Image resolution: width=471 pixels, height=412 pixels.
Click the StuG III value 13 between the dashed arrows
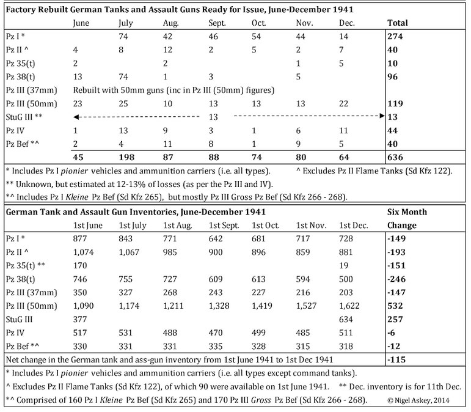(x=213, y=116)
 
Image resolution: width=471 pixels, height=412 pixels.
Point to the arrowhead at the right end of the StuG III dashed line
(x=381, y=116)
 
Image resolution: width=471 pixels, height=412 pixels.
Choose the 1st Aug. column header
(x=175, y=225)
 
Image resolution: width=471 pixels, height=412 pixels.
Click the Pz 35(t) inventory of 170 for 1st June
(x=79, y=265)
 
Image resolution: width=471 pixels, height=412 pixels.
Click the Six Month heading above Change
(x=407, y=212)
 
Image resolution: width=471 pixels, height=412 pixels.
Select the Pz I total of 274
(x=395, y=36)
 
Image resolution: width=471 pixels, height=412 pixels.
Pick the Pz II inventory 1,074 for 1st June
(x=84, y=251)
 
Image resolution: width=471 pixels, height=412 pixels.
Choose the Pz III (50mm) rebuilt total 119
(x=395, y=103)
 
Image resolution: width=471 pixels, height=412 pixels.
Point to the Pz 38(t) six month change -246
(x=397, y=278)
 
